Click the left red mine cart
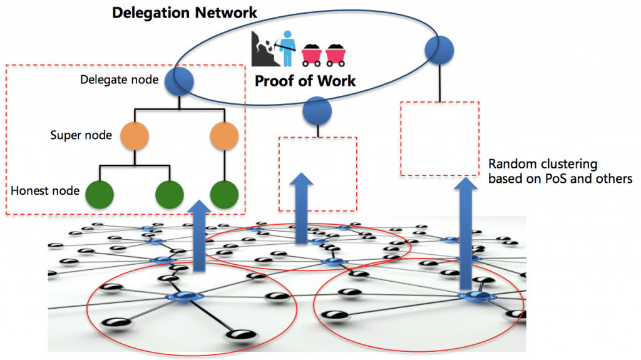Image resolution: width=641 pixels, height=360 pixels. click(x=313, y=54)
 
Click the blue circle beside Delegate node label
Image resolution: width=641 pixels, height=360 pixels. click(x=179, y=81)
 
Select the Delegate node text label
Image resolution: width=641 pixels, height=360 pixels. click(x=116, y=80)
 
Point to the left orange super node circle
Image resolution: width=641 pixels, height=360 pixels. click(x=135, y=135)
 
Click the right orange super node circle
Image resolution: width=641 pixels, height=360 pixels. click(x=224, y=135)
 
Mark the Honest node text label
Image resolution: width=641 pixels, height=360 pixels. click(x=45, y=191)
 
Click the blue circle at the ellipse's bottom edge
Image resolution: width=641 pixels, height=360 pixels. click(x=317, y=111)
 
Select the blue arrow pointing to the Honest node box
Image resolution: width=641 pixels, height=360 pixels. click(x=198, y=235)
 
